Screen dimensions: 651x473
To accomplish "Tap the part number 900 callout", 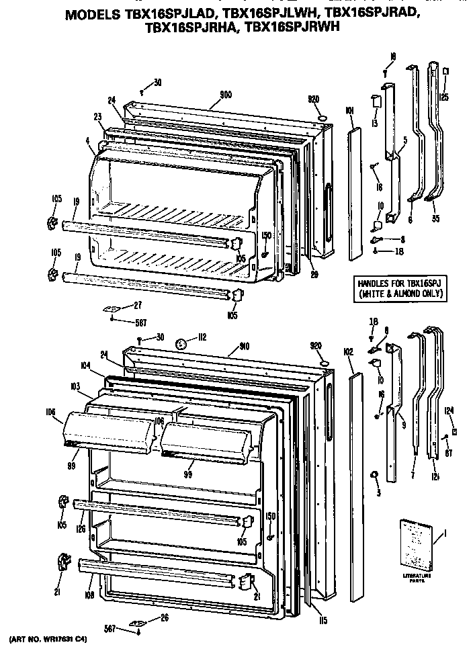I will [226, 95].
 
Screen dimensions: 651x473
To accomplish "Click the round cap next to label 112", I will [179, 345].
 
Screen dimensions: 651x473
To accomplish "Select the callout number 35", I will [435, 218].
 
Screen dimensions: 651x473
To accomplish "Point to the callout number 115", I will [323, 619].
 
